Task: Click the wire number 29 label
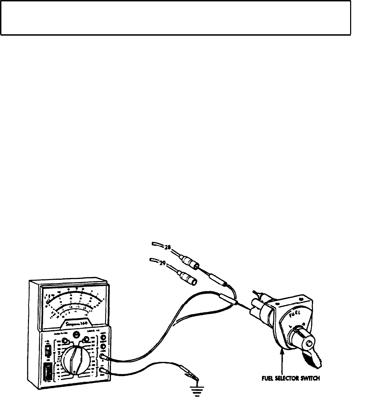(x=162, y=263)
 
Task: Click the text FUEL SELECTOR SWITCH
(x=290, y=378)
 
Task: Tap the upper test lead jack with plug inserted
(x=103, y=356)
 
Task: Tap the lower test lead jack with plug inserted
(x=103, y=372)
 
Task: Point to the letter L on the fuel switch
(x=290, y=326)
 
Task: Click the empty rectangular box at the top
(x=176, y=18)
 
